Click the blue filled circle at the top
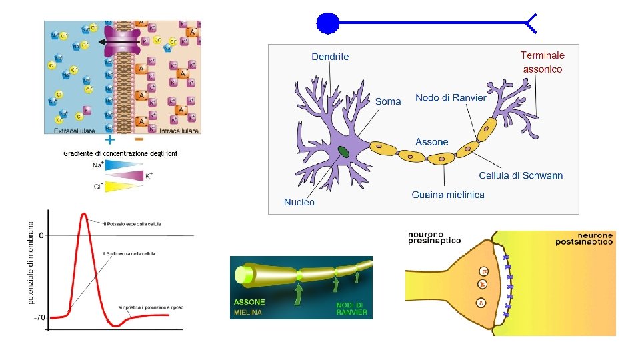[327, 24]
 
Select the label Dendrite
[330, 57]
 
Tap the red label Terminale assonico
[543, 62]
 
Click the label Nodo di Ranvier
[451, 98]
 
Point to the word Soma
[388, 101]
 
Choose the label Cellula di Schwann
[521, 175]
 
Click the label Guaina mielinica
[448, 195]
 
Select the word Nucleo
[299, 201]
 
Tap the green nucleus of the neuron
[343, 153]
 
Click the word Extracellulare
[74, 131]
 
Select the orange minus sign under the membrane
[139, 141]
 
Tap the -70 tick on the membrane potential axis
[39, 317]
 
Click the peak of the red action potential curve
[84, 214]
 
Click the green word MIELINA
[247, 311]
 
